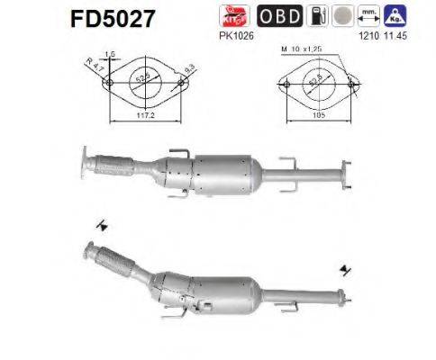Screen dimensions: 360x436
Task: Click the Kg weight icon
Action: point(393,16)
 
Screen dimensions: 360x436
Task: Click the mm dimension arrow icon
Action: point(367,16)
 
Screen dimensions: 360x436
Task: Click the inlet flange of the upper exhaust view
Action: point(84,161)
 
